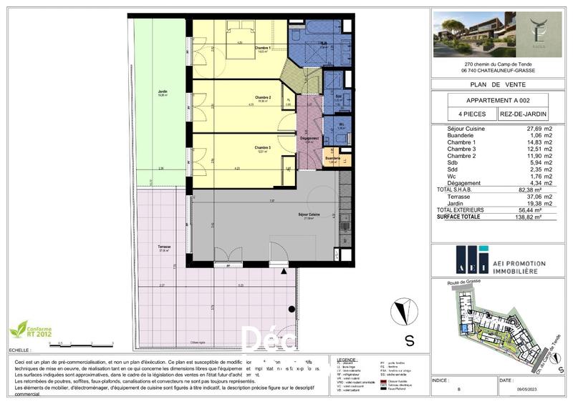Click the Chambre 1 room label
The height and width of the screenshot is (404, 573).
point(263,49)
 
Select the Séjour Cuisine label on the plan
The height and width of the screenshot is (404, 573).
point(310,215)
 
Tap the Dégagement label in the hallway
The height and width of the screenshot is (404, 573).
point(309,137)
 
